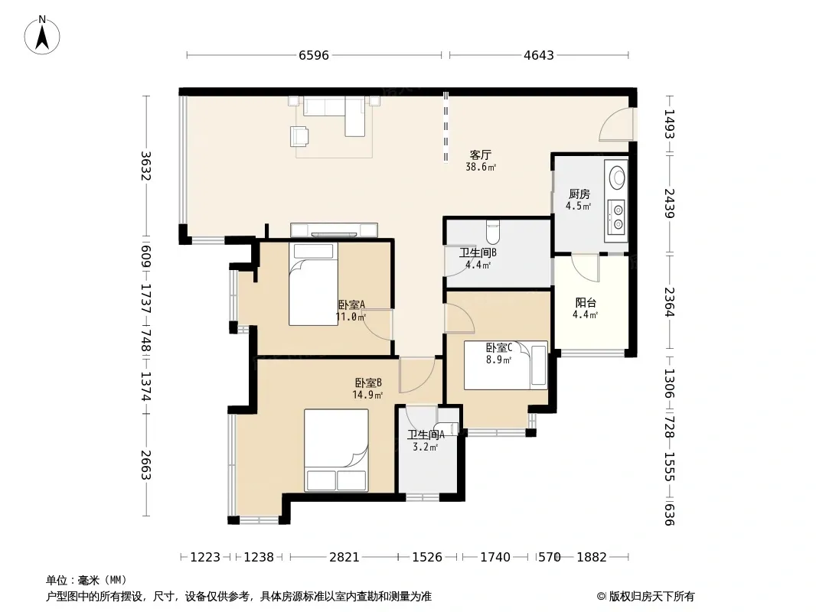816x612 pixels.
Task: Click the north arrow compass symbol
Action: pos(42,35)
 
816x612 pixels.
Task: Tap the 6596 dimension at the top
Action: pos(314,55)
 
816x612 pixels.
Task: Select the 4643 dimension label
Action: pos(539,55)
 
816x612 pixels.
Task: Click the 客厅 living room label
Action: pos(480,155)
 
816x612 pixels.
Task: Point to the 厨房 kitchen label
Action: pos(579,194)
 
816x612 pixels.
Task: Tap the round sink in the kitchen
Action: pos(617,177)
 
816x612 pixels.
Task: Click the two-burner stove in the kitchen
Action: pos(617,216)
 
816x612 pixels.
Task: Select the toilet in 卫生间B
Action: pos(492,233)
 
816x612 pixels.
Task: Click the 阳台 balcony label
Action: pos(586,303)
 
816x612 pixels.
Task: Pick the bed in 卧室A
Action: pos(313,284)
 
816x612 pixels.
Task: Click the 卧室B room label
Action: pos(368,382)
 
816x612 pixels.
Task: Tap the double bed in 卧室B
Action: pos(336,450)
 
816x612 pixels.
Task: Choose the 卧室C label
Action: pos(499,347)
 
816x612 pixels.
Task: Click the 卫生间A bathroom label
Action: pos(426,435)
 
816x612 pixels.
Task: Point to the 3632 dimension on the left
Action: pos(146,165)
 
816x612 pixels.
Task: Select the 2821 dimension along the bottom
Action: pos(344,558)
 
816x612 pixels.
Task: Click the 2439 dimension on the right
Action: pos(669,203)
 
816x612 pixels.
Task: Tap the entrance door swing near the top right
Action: pos(615,124)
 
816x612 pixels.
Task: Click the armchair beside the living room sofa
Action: pos(299,135)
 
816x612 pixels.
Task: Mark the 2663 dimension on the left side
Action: pos(146,465)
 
